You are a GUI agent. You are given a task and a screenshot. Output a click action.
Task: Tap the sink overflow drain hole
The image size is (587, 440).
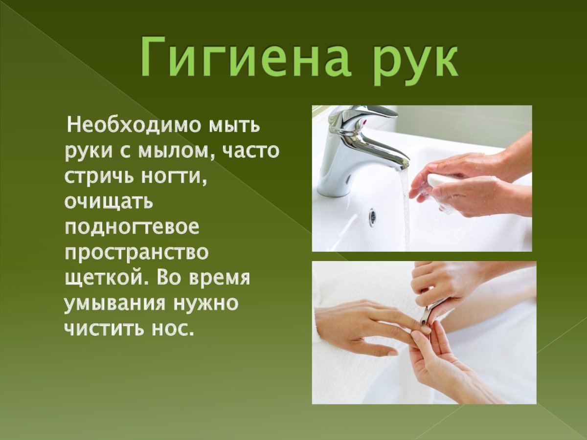372,216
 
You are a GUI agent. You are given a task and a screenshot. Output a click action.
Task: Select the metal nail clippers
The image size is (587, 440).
430,310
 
